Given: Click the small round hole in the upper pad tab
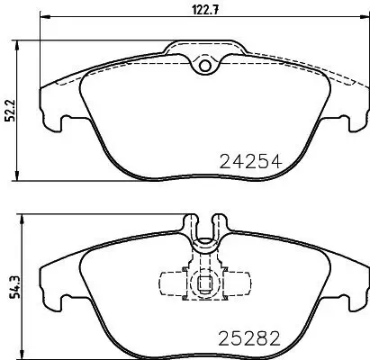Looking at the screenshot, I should click(204, 65).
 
